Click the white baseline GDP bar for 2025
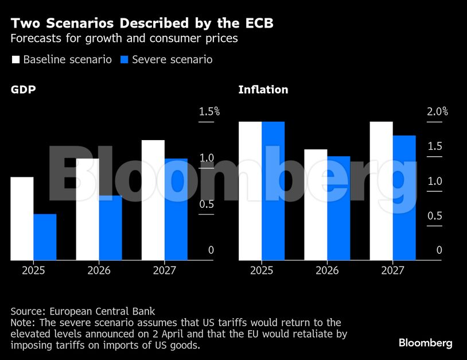click(22, 219)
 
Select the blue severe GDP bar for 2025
click(45, 237)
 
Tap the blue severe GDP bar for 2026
click(110, 228)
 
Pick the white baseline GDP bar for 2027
click(153, 200)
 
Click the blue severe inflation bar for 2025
click(273, 191)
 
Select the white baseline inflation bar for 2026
click(316, 205)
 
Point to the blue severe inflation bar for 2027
click(404, 198)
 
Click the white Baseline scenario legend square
click(15, 60)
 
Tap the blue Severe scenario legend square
click(124, 60)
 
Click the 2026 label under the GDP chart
click(99, 270)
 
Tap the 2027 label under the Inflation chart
click(392, 270)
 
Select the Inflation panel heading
click(263, 90)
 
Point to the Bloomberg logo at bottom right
click(425, 343)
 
